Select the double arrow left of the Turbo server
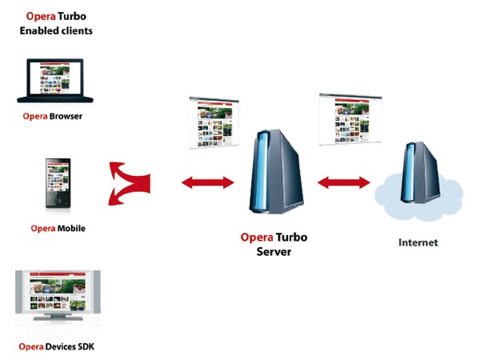tap(207, 183)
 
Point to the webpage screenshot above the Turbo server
tap(213, 121)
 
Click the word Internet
tap(418, 242)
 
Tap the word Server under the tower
tap(274, 251)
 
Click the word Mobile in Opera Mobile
tap(70, 228)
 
